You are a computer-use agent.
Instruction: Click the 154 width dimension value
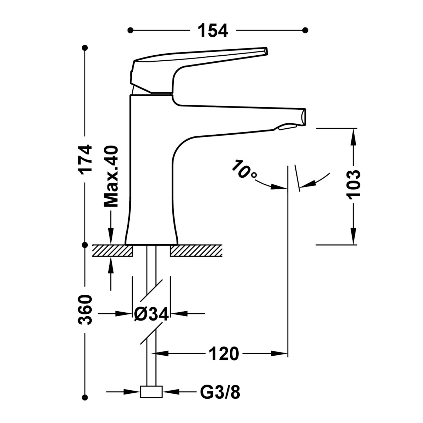coord(213,30)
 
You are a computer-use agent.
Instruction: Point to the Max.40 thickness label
coord(111,177)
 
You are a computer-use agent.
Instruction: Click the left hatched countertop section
coord(112,250)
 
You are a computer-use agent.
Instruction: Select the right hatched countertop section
coord(196,250)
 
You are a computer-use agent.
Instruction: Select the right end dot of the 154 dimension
coord(305,30)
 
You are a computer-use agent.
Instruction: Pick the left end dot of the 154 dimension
coord(131,30)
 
